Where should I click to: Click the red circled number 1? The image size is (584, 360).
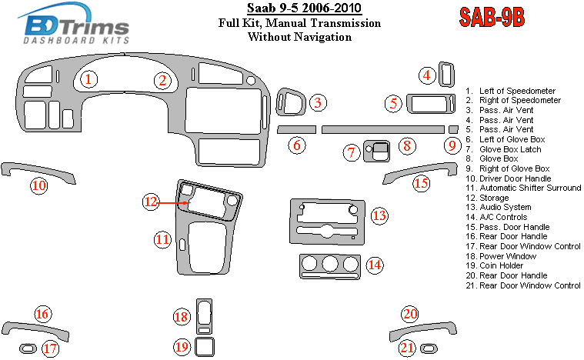pyautogui.click(x=90, y=79)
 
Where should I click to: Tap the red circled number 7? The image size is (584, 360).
pyautogui.click(x=351, y=152)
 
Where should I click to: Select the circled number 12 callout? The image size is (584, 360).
pyautogui.click(x=152, y=202)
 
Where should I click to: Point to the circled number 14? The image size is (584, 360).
pyautogui.click(x=375, y=265)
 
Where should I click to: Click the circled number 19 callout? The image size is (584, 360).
pyautogui.click(x=182, y=347)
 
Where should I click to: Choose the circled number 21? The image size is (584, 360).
pyautogui.click(x=407, y=348)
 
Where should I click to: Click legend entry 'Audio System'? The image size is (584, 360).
pyautogui.click(x=505, y=207)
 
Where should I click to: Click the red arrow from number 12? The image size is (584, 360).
pyautogui.click(x=174, y=202)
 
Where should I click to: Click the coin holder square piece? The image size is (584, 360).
pyautogui.click(x=205, y=347)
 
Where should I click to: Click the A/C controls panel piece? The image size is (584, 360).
pyautogui.click(x=329, y=266)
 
